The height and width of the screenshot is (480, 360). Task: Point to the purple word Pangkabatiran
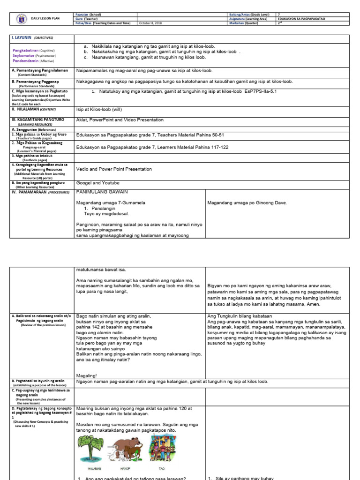click(25, 50)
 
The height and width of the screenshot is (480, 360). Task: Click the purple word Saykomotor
click(24, 55)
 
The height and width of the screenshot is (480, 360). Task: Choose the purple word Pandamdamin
click(25, 61)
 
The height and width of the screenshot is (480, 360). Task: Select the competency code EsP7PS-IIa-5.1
click(263, 91)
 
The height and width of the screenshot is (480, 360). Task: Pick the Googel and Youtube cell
click(97, 182)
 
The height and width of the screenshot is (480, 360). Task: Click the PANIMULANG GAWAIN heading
click(101, 192)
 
